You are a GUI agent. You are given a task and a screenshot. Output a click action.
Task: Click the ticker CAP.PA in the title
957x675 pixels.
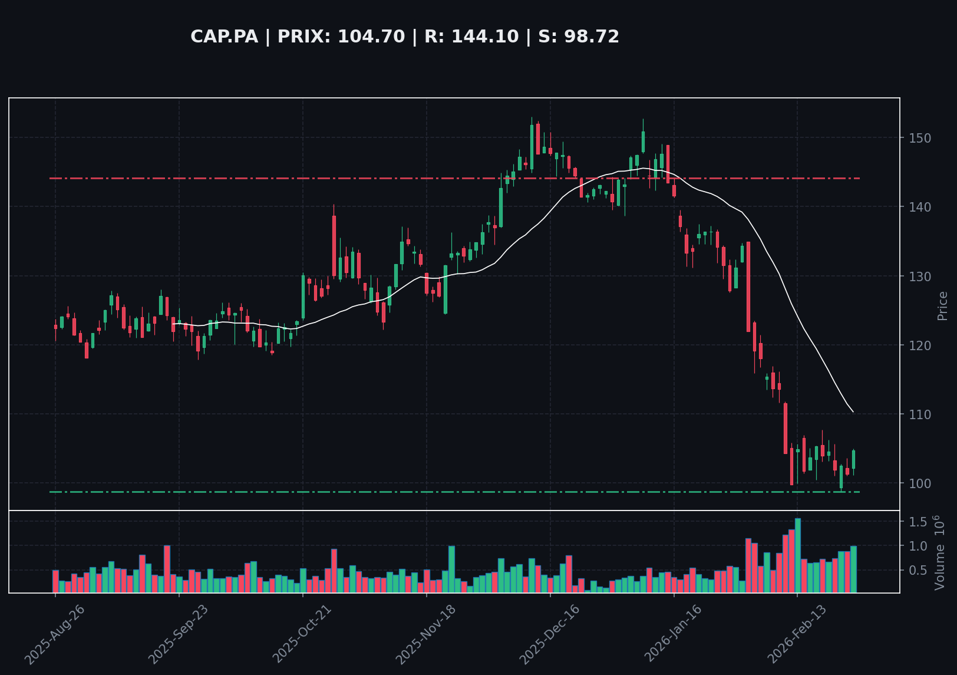point(224,37)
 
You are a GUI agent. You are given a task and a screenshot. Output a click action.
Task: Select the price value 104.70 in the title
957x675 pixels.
point(371,37)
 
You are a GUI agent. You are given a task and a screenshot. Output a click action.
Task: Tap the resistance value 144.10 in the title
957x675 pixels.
point(485,37)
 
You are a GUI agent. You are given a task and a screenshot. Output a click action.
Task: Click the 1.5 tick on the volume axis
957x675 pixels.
point(917,522)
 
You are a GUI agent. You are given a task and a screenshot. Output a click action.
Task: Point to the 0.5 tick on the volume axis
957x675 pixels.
point(917,570)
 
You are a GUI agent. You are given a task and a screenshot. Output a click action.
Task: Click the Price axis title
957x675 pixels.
point(943,305)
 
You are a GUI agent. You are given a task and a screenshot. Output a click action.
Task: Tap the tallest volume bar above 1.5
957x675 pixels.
point(797,555)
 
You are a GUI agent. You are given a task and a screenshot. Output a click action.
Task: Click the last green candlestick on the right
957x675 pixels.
point(853,460)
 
